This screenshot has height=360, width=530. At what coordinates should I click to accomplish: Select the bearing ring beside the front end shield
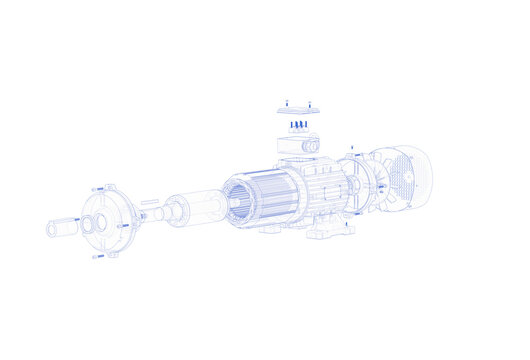88,224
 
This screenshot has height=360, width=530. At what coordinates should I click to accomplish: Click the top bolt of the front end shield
98,188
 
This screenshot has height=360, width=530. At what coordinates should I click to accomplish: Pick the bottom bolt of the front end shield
98,257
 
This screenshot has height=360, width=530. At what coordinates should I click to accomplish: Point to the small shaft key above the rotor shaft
149,202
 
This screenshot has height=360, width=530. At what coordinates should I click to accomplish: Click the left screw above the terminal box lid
286,101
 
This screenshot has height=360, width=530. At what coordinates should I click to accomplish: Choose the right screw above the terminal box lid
309,103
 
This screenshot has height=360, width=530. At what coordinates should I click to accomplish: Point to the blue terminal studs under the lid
298,125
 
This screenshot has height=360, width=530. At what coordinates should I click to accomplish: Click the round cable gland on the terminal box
310,146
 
